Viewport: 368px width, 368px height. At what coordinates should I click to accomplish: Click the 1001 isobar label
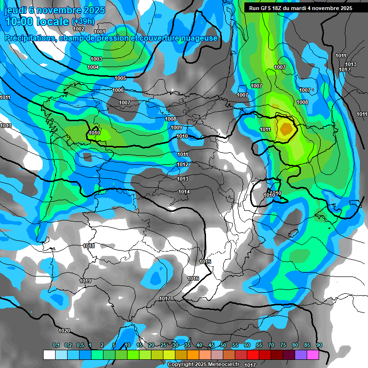point(100,32)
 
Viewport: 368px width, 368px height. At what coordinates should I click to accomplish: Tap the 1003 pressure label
point(96,59)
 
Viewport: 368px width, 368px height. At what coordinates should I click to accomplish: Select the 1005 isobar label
point(120,78)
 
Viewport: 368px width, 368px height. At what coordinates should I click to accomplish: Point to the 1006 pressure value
point(118,90)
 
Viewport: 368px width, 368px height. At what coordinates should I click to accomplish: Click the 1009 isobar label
point(176,127)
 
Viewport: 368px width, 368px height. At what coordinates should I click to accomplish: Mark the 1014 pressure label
point(184,192)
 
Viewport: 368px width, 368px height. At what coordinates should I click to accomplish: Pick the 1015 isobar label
point(205,262)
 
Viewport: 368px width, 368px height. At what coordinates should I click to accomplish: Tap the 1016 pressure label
point(193,278)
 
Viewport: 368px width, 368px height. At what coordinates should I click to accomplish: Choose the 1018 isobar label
point(89,246)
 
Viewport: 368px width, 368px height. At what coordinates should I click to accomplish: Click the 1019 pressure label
point(85,281)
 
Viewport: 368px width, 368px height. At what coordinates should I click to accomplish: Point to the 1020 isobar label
point(64,331)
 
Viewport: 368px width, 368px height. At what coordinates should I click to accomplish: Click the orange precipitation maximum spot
point(286,128)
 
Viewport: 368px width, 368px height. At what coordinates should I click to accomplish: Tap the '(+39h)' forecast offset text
point(83,22)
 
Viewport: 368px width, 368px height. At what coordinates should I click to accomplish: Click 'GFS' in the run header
point(267,8)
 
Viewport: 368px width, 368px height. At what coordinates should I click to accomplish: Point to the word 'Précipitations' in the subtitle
point(29,38)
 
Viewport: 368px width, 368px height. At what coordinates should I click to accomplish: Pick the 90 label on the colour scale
point(319,345)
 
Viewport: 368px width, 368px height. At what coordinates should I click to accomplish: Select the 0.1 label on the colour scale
point(56,345)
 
